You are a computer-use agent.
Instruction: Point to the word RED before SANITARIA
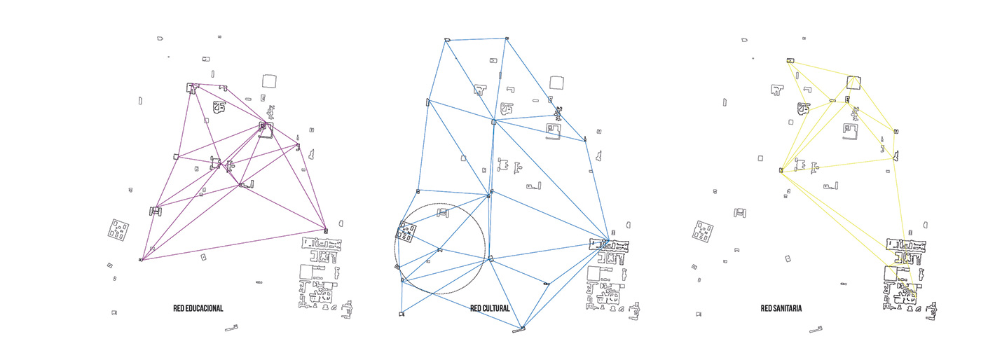[x=766, y=308]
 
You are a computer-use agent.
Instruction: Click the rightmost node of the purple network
[x=326, y=230]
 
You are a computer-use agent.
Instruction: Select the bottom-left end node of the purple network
[x=141, y=260]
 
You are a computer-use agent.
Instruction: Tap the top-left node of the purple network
[x=192, y=88]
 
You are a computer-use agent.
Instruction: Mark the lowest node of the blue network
[x=522, y=328]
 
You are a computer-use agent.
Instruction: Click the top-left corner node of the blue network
[x=446, y=40]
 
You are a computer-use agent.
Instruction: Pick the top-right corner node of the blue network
[x=507, y=38]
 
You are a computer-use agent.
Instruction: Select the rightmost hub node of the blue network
[x=606, y=243]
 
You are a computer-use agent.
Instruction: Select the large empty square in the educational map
[x=270, y=81]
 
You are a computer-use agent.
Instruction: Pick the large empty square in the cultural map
[x=558, y=83]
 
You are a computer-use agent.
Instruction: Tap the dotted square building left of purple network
[x=118, y=230]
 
